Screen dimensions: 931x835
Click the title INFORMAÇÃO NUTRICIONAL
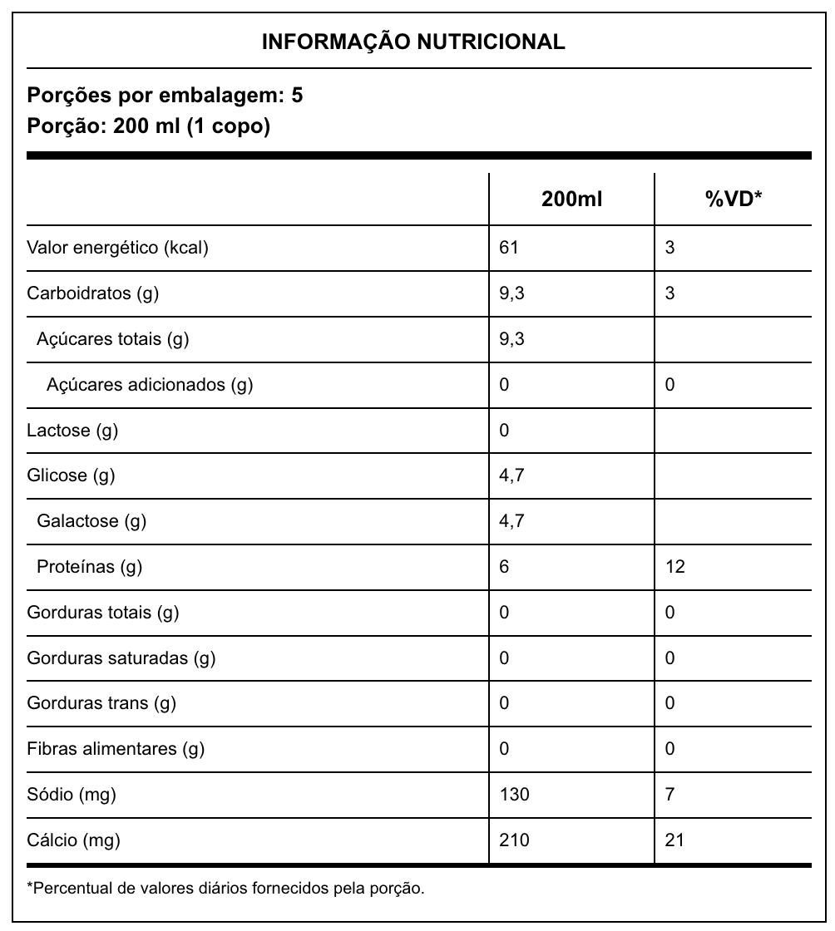pyautogui.click(x=413, y=42)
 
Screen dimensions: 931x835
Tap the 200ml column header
pyautogui.click(x=571, y=199)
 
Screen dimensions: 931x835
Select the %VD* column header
pyautogui.click(x=733, y=199)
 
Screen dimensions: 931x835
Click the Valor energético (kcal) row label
pyautogui.click(x=117, y=248)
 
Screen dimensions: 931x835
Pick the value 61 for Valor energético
pyautogui.click(x=508, y=248)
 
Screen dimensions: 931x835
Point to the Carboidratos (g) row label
pyautogui.click(x=93, y=293)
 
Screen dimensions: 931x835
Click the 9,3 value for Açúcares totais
pyautogui.click(x=511, y=339)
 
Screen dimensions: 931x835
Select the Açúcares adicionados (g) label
pyautogui.click(x=150, y=385)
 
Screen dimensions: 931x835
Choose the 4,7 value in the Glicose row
pyautogui.click(x=511, y=475)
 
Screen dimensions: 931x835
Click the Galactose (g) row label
pyautogui.click(x=91, y=521)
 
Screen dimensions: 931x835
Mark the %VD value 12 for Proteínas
pyautogui.click(x=674, y=567)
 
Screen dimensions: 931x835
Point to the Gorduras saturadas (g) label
pyautogui.click(x=121, y=658)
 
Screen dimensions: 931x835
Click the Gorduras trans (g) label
pyautogui.click(x=101, y=703)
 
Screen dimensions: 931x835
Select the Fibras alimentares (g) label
pyautogui.click(x=116, y=749)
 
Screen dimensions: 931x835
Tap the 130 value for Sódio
pyautogui.click(x=514, y=795)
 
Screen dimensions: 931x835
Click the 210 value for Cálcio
pyautogui.click(x=514, y=840)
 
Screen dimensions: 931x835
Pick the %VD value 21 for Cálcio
pyautogui.click(x=674, y=840)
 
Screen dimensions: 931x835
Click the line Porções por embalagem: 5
pyautogui.click(x=166, y=96)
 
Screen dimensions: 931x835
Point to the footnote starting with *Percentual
pyautogui.click(x=226, y=889)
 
